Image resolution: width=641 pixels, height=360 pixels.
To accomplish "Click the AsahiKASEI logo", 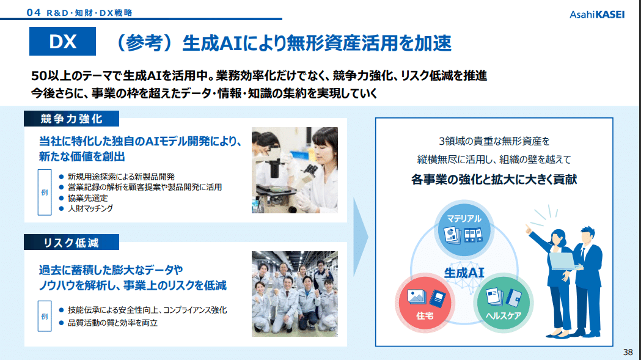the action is pos(597,15).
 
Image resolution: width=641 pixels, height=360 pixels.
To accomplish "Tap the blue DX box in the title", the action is pos(62,42).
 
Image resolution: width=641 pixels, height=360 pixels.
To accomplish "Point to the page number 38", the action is pos(628,352).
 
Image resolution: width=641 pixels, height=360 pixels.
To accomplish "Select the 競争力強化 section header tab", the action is pos(71,119).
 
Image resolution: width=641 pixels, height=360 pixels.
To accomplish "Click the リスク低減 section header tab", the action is pos(71,242).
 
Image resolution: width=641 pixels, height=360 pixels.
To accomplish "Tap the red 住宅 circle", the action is pos(425,303).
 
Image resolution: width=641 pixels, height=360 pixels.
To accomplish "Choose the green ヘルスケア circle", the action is pos(504,303).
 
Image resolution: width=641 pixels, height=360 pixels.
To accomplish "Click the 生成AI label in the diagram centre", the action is pos(464,273).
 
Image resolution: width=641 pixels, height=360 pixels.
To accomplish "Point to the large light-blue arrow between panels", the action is pos(360,237).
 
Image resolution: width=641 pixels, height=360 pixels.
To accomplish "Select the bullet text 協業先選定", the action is pos(87,198).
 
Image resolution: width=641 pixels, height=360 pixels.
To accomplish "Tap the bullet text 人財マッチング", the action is pos(90,208).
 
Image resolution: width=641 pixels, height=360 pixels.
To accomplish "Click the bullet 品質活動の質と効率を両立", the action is pos(112,323).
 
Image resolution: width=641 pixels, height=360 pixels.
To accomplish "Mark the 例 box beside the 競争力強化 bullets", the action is pos(45,193).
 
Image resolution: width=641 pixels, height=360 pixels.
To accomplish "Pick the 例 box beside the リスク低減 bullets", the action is pos(45,316).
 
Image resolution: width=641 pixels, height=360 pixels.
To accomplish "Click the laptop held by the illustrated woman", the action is pos(564,262).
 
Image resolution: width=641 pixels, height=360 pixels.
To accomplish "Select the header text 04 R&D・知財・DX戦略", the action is pos(79,13).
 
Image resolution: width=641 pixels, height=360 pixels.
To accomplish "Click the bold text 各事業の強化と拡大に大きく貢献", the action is pos(494,180).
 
